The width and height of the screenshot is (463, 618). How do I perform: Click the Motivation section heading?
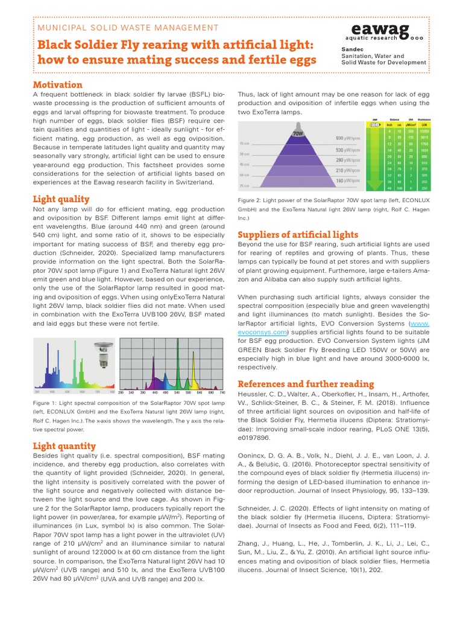(x=57, y=84)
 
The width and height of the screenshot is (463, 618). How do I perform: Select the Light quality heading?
(x=61, y=199)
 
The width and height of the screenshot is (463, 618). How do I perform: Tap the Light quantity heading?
(x=65, y=446)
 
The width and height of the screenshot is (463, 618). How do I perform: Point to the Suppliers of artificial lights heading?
(x=298, y=235)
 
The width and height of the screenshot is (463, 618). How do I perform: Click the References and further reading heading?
(x=306, y=384)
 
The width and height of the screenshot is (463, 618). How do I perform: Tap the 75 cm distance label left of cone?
(x=245, y=186)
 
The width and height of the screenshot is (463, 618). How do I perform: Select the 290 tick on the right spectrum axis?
(x=121, y=393)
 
